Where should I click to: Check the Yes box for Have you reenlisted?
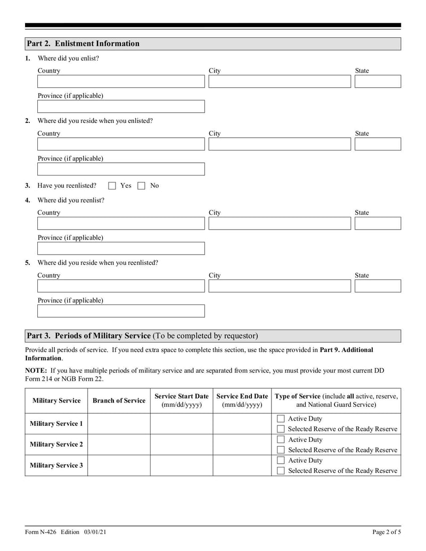coord(112,186)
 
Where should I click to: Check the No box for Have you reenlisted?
coord(141,186)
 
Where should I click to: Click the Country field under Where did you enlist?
coord(121,81)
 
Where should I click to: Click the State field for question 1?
coord(378,81)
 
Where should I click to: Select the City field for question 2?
coord(280,144)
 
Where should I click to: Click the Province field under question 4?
coord(121,249)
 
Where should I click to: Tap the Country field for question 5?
coord(121,286)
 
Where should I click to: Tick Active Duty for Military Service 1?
coord(281,419)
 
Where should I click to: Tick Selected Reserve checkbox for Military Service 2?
coord(281,450)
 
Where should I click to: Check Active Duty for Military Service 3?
coord(281,460)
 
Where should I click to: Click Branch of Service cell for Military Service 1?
coord(119,424)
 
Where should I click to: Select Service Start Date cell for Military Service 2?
coord(182,445)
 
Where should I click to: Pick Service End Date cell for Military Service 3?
coord(242,465)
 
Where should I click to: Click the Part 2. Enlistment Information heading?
coord(83,44)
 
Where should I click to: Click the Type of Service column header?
coord(336,400)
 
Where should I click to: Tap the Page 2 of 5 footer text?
coord(386,532)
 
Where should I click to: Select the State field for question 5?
coord(378,286)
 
